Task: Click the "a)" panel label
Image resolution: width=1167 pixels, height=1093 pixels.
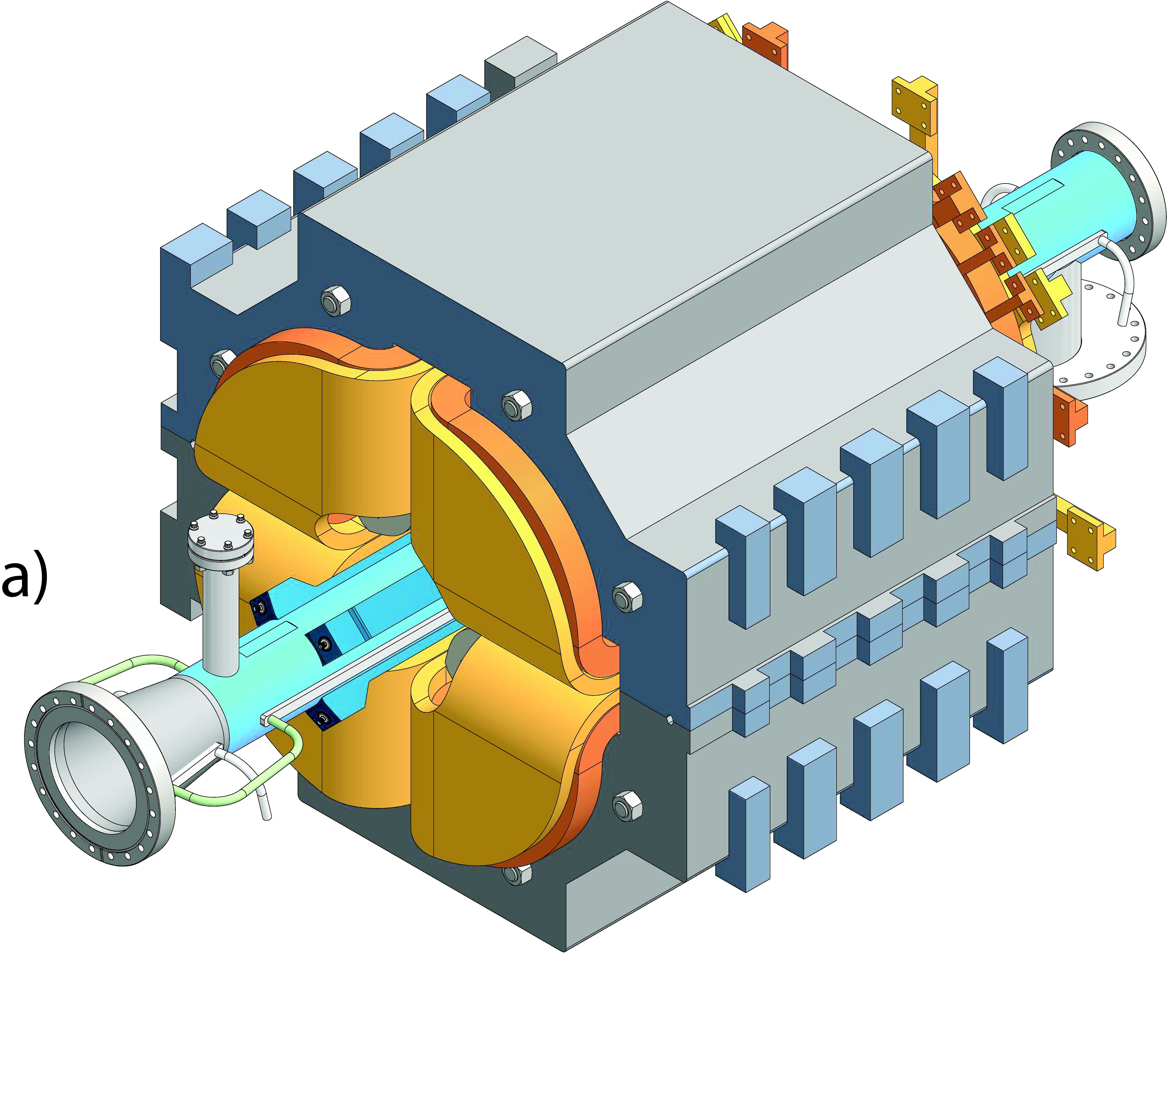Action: (25, 580)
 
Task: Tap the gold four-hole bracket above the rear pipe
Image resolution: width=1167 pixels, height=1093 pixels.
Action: (915, 109)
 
